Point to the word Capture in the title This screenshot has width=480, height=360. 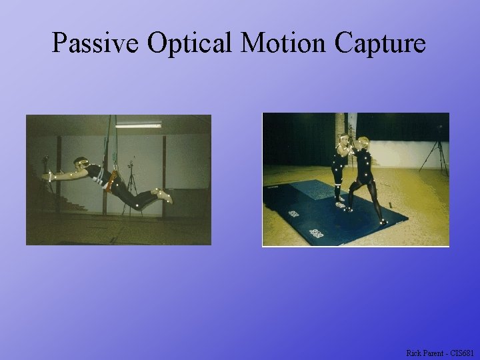point(381,43)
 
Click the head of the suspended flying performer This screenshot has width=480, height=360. point(81,163)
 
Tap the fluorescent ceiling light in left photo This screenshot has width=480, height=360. point(138,124)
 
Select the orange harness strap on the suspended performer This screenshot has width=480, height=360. point(113,179)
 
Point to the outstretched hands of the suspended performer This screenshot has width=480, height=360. point(49,175)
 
